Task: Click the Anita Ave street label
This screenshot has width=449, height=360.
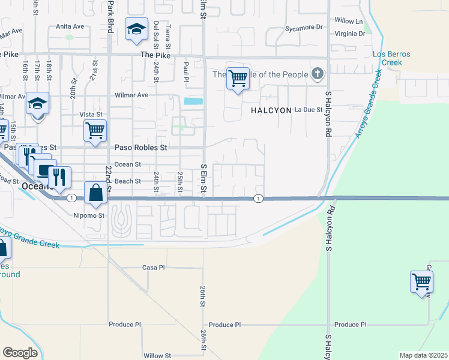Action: (70, 26)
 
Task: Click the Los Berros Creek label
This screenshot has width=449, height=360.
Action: (391, 58)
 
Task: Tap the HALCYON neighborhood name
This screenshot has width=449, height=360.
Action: (271, 110)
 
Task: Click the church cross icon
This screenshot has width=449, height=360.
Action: (318, 75)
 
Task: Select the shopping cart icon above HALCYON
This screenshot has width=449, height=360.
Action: (238, 78)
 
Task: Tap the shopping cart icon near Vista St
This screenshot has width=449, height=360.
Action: (95, 130)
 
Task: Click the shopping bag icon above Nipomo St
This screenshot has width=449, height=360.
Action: (95, 193)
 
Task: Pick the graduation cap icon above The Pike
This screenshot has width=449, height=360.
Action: (136, 28)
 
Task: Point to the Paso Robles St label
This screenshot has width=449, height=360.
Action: (140, 147)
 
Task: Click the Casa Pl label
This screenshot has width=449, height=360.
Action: (153, 267)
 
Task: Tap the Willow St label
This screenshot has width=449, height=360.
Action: (157, 355)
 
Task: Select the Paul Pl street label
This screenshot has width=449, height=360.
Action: (187, 71)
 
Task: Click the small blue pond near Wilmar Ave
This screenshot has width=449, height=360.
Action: (193, 101)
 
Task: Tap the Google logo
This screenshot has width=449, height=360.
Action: (20, 353)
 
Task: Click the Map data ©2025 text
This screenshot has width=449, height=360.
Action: (423, 355)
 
